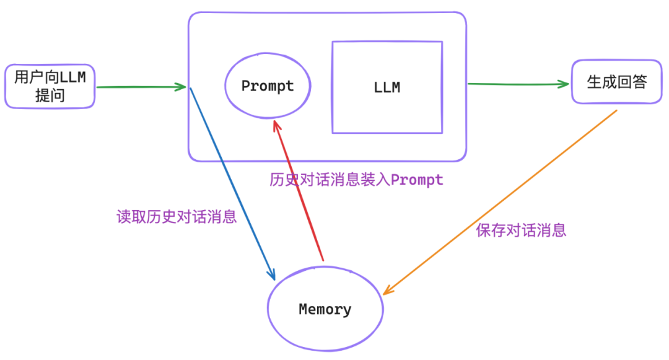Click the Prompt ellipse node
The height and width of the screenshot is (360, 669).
pos(268,87)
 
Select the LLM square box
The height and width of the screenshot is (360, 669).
pos(387,87)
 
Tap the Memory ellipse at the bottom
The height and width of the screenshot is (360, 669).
pos(325,309)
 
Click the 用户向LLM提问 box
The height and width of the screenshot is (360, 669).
pos(50,86)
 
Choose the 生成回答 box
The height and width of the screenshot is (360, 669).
pos(616,82)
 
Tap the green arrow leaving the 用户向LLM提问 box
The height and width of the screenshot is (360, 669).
pos(141,87)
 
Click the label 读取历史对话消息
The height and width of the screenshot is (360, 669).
pos(177,217)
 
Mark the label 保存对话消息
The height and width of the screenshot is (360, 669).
pos(521,230)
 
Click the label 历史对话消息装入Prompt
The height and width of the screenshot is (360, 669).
pos(356,180)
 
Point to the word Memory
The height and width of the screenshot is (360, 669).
pos(325,309)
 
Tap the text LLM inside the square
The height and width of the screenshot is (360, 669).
pos(387,87)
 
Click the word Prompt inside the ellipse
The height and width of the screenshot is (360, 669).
pos(268,86)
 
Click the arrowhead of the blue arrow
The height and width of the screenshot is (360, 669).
pos(272,274)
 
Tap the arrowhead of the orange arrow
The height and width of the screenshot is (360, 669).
pos(387,290)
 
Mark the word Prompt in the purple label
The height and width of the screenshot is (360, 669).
pos(417,180)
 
